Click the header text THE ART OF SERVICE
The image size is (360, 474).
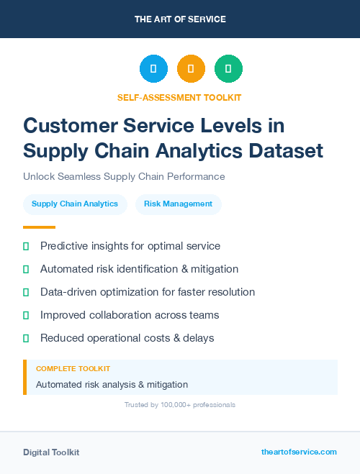[x=180, y=19]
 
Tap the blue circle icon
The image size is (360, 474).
[x=153, y=69]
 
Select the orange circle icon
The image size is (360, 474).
[x=191, y=69]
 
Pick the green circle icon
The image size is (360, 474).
[x=228, y=69]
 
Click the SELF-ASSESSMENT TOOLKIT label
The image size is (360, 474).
[x=179, y=97]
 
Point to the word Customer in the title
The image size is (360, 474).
[x=66, y=125]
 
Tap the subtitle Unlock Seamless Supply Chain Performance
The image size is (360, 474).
[x=124, y=176]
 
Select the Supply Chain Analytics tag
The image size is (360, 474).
[x=75, y=204]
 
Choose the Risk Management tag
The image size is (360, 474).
[x=178, y=204]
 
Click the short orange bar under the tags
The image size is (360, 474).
[x=34, y=227]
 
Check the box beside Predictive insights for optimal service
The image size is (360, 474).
[x=26, y=246]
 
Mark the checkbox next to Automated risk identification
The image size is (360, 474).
[x=26, y=269]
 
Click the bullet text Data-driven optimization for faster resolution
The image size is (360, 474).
[x=148, y=292]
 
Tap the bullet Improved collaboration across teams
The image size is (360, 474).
[x=130, y=315]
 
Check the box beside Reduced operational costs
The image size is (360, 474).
[x=26, y=338]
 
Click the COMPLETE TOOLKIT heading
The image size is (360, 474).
[x=73, y=368]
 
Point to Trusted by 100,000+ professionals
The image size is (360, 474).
[x=179, y=405]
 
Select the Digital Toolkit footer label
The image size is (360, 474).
[x=51, y=452]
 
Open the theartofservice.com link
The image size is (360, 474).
[x=299, y=452]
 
